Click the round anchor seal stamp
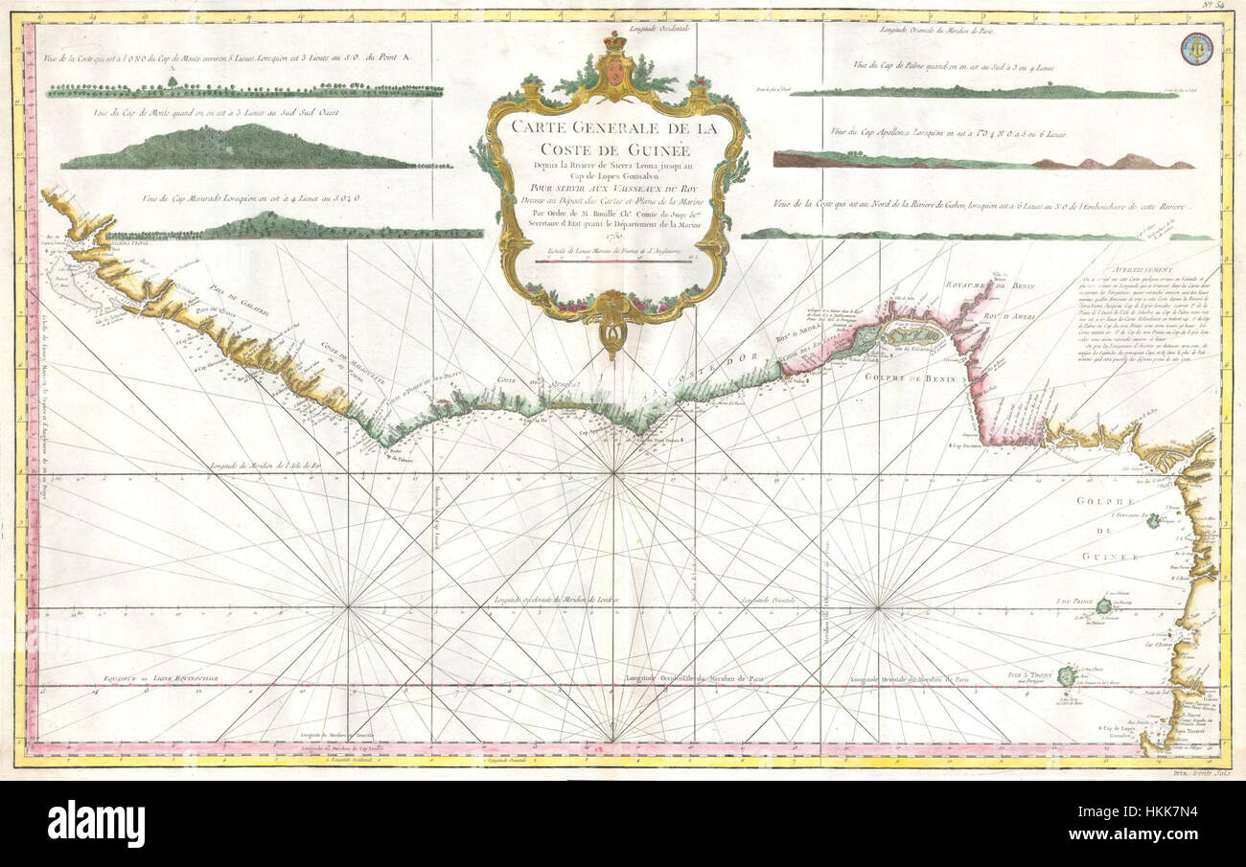pyautogui.click(x=1196, y=48)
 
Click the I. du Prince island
pyautogui.click(x=1103, y=605)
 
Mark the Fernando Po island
pyautogui.click(x=1153, y=520)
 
